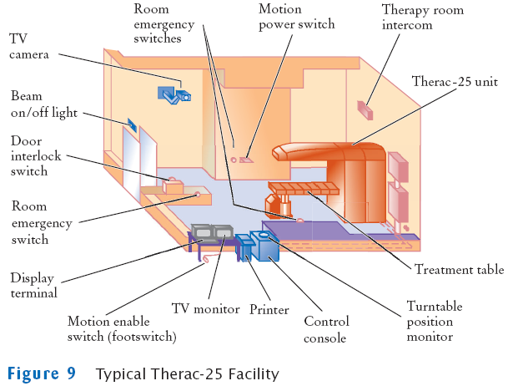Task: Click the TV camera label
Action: tap(29, 47)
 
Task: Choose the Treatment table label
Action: tap(460, 269)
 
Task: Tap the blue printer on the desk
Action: tap(244, 246)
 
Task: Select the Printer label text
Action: tap(269, 310)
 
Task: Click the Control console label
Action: tap(326, 329)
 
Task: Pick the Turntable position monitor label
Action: tap(435, 321)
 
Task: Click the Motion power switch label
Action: tap(297, 17)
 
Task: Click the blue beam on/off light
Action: tap(132, 125)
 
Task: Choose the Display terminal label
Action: tap(34, 285)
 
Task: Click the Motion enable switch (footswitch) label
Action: tap(122, 328)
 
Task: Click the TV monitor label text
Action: tap(205, 309)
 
